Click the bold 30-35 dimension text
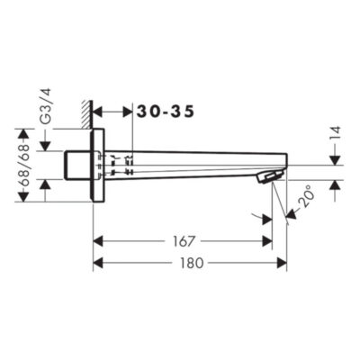tap(166, 112)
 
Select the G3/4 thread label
tap(46, 106)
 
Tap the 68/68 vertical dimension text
tap(23, 166)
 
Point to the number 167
tap(184, 241)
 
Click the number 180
tap(192, 263)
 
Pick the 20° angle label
tap(307, 197)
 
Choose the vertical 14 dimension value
tap(336, 133)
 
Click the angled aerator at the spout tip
tap(270, 176)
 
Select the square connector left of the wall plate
tap(77, 166)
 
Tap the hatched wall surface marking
tap(87, 115)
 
